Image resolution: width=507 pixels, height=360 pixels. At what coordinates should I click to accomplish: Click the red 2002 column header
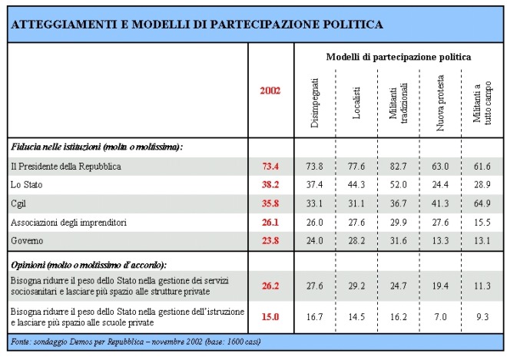click(x=270, y=91)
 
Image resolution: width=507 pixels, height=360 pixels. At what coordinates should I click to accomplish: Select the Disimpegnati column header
click(x=314, y=103)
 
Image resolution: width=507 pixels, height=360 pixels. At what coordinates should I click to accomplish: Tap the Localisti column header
click(x=356, y=103)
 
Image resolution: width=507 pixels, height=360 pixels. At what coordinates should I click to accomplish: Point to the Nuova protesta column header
click(x=440, y=103)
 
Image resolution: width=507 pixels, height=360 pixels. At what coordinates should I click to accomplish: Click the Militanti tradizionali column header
click(x=398, y=104)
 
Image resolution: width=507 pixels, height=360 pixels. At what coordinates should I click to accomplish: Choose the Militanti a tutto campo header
click(x=482, y=103)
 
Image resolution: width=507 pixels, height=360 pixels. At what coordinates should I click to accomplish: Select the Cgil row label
click(x=18, y=204)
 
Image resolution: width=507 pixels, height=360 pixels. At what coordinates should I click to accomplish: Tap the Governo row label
click(x=27, y=241)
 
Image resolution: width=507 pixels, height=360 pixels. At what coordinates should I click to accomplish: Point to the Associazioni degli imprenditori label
click(x=68, y=223)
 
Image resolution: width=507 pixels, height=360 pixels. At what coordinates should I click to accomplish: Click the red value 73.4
click(x=270, y=167)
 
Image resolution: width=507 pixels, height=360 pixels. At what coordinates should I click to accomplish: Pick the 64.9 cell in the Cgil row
click(x=482, y=203)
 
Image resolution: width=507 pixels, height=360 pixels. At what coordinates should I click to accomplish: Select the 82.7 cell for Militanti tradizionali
click(x=398, y=167)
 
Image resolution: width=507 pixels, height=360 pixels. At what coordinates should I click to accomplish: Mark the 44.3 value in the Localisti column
click(x=356, y=185)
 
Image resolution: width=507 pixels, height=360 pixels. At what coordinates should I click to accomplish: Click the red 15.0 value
click(x=270, y=317)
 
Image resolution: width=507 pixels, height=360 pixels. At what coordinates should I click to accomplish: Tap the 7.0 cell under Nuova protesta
click(x=440, y=317)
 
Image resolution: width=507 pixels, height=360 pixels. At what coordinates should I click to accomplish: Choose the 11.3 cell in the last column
click(x=482, y=286)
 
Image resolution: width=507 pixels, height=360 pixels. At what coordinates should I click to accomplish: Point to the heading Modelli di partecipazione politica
click(x=399, y=58)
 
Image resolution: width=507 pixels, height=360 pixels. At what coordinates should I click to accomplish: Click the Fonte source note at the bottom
click(x=136, y=342)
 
